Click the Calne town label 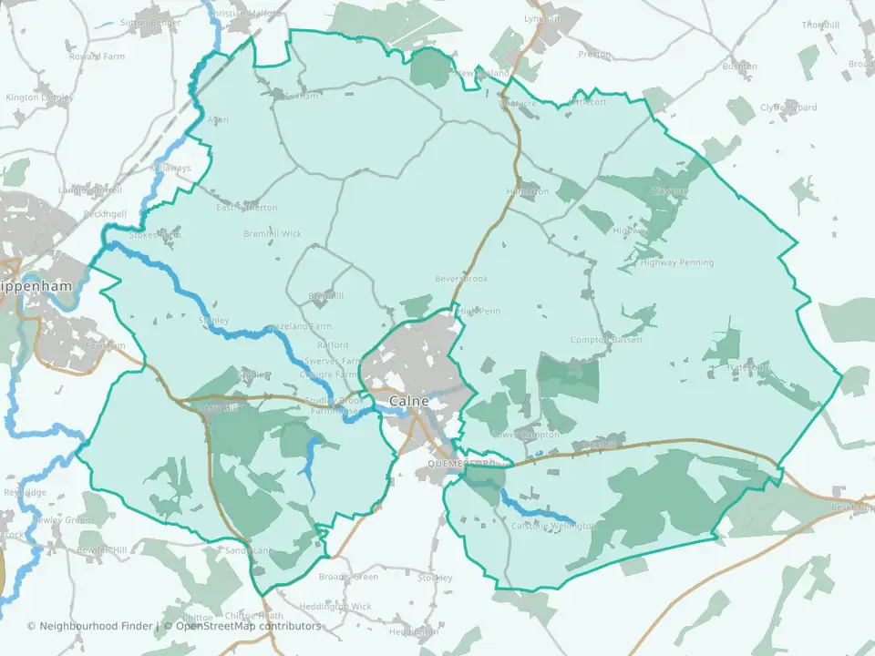click(409, 401)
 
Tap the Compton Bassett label click(606, 340)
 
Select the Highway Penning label click(679, 263)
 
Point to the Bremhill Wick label click(272, 234)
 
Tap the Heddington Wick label click(336, 606)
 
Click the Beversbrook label click(461, 279)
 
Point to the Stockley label click(435, 579)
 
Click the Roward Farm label click(97, 56)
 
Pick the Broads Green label click(348, 577)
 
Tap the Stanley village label click(213, 321)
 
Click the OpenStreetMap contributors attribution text click(248, 626)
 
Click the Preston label click(594, 55)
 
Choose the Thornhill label click(820, 25)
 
